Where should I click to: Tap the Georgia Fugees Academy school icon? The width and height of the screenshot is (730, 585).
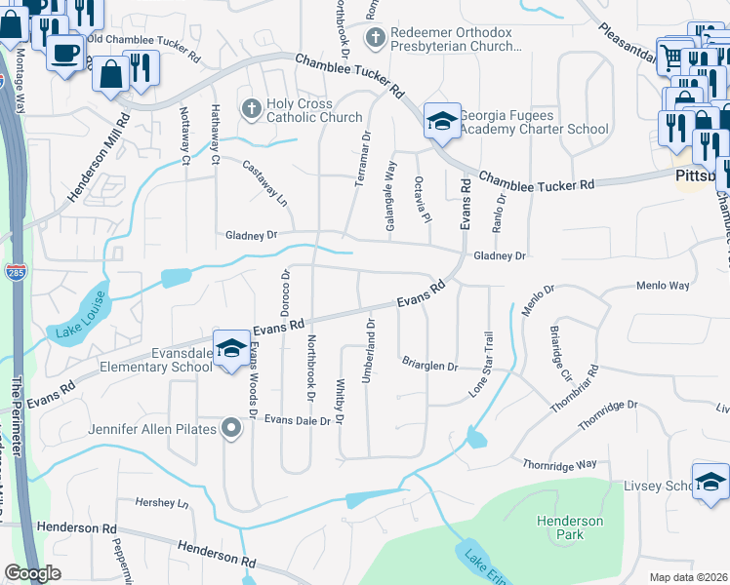pos(442,122)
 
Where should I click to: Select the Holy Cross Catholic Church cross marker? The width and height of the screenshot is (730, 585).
pos(251,109)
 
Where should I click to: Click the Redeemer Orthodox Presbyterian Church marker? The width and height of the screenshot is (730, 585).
pos(374,38)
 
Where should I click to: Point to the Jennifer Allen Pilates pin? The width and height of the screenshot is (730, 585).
pos(231,427)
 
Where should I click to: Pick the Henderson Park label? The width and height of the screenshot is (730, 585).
pos(570,527)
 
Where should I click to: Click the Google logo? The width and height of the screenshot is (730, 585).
pos(32,573)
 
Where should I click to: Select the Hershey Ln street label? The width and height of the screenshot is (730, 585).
pos(161,503)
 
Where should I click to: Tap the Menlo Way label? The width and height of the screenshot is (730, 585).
pos(663,286)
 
